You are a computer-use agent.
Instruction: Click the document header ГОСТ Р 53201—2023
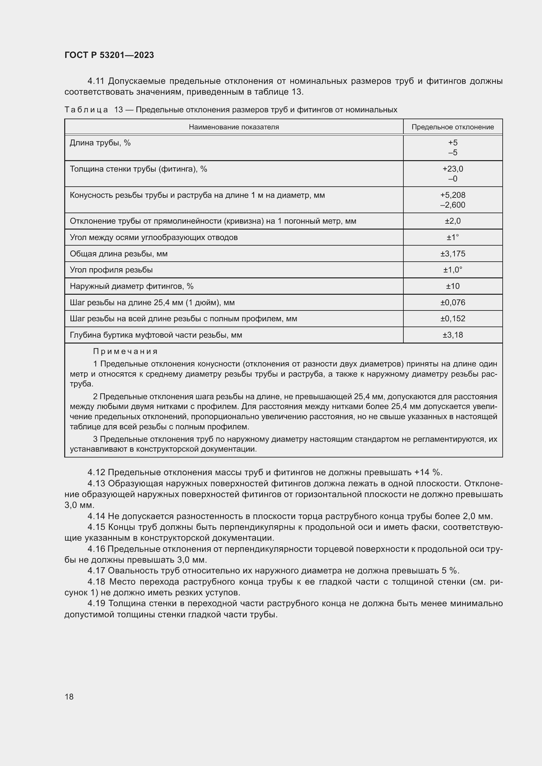click(x=109, y=55)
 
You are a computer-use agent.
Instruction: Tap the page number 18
click(x=69, y=697)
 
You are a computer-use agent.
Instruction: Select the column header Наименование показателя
click(x=234, y=127)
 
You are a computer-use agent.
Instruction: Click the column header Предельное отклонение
click(x=453, y=127)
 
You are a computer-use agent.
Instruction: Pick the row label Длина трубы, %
click(x=100, y=143)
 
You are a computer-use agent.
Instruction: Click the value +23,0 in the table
click(x=453, y=169)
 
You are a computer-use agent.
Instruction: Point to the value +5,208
click(x=453, y=195)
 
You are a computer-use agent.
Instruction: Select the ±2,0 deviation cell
click(x=453, y=221)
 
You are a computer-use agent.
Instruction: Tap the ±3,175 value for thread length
click(x=453, y=254)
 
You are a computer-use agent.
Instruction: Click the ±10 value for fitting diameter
click(x=453, y=286)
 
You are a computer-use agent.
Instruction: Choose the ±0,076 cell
click(x=453, y=303)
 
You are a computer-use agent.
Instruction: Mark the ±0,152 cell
click(x=453, y=319)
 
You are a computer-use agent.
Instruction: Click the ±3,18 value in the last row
click(x=453, y=335)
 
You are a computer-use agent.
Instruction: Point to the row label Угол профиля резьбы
click(x=111, y=270)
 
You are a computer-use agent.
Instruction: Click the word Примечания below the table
click(x=125, y=351)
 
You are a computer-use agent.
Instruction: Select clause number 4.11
click(x=96, y=81)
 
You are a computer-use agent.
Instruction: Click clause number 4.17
click(x=96, y=570)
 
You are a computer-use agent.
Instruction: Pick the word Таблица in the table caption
click(x=86, y=110)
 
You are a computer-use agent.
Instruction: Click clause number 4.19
click(x=96, y=604)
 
